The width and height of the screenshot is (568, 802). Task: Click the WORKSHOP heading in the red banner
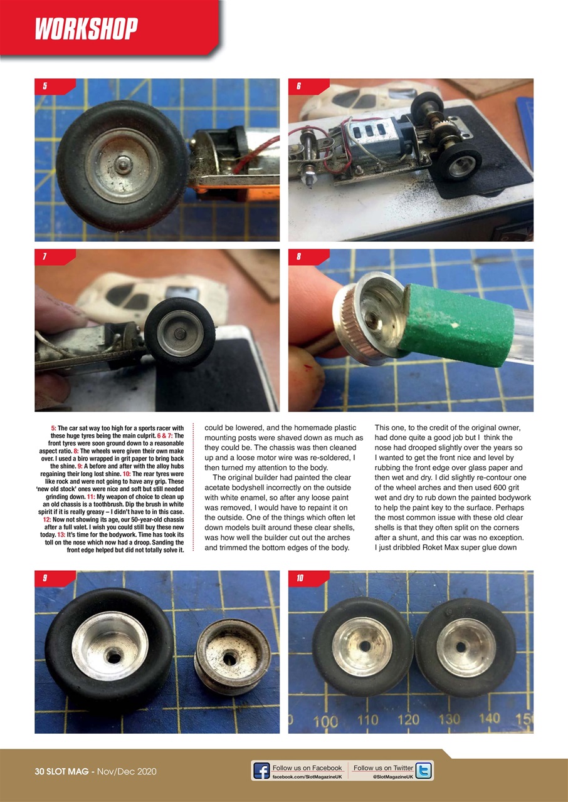87,29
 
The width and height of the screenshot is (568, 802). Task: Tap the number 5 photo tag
45,86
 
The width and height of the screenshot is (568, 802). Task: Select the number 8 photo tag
299,257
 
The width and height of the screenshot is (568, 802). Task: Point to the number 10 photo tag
300,578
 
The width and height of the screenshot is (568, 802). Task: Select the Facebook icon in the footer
261,771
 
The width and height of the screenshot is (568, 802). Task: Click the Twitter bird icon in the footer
424,771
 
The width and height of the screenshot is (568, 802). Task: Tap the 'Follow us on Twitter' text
383,768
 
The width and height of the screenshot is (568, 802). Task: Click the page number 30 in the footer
41,771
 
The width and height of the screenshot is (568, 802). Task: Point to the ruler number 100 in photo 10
325,721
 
